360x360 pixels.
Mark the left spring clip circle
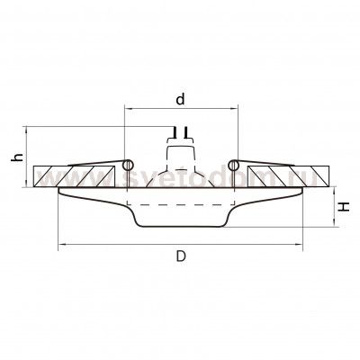pos(129,165)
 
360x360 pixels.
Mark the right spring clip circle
pos(232,165)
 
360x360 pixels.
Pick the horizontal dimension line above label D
pos(180,244)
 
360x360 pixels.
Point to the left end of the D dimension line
pos(58,244)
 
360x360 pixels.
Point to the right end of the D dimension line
pos(302,244)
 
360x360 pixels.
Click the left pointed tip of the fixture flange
pos(59,191)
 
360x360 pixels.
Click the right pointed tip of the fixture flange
pos(301,191)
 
